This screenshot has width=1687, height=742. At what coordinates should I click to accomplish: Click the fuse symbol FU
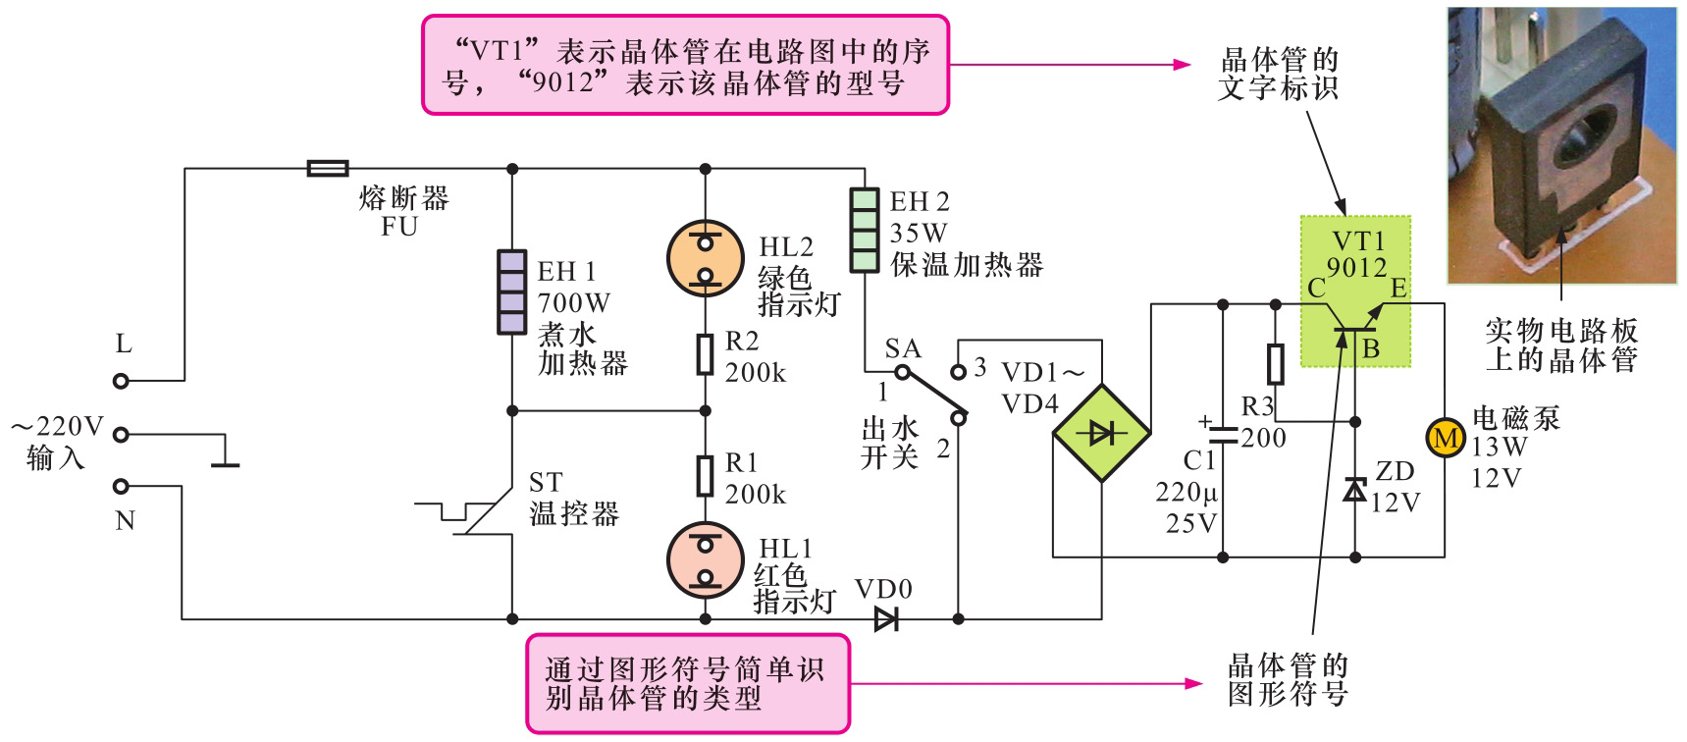327,169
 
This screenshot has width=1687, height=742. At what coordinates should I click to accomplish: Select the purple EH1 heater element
511,292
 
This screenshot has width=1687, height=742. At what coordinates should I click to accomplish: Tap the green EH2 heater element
864,231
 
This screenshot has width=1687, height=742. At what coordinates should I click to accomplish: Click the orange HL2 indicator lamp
705,258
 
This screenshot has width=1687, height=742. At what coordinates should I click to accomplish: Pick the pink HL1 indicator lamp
705,559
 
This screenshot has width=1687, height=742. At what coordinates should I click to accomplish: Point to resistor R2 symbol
705,354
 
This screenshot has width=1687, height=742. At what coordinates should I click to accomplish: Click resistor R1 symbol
705,475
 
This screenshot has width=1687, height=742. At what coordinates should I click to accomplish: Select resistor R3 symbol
1275,364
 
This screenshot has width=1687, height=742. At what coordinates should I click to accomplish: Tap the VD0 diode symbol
886,619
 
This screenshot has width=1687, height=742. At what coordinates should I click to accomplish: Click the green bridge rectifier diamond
1101,433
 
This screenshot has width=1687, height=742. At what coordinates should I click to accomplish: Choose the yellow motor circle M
1445,437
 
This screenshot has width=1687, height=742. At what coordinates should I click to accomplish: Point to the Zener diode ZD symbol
1355,489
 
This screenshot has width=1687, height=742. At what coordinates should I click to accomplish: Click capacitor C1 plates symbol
1223,435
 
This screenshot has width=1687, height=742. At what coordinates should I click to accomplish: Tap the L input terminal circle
121,381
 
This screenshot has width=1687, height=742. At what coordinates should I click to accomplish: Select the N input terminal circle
121,486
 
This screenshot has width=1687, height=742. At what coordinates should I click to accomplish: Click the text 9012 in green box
1356,267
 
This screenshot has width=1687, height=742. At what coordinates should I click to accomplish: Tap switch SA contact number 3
979,368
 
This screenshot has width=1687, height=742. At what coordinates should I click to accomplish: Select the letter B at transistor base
1371,348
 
